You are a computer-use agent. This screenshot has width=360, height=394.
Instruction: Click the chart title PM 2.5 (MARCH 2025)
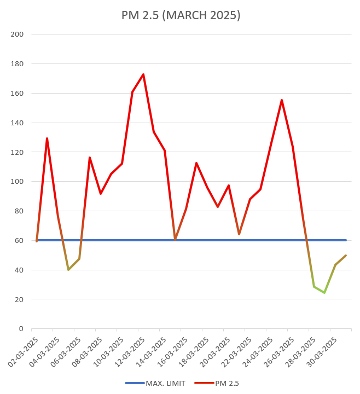181,15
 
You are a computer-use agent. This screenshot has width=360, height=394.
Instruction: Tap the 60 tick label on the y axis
19,240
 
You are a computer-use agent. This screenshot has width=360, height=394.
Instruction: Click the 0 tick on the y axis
21,329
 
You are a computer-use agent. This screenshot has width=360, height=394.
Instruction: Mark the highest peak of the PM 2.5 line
143,74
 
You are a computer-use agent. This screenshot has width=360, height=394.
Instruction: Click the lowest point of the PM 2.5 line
324,293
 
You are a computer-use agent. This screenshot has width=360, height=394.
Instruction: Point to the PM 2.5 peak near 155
282,100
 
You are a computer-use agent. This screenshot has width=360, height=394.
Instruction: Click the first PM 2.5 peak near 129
47,138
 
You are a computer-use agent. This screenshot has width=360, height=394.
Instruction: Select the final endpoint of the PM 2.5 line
346,256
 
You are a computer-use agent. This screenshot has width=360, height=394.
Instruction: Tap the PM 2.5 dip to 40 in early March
68,270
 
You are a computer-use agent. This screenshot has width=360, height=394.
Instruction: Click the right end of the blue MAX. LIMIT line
346,240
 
